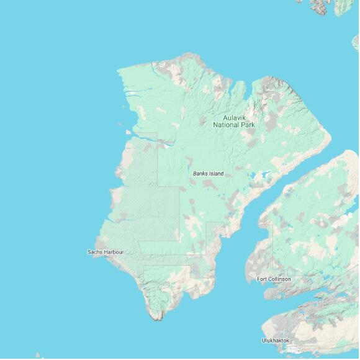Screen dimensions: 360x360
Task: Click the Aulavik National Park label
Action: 231,121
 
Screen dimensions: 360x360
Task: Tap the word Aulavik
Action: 231,117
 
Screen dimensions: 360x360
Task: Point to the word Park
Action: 243,125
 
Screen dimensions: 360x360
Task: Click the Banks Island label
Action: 208,174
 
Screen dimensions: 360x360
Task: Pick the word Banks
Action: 200,174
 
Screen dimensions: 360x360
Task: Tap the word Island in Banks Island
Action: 216,174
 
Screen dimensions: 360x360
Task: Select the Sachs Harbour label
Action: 106,252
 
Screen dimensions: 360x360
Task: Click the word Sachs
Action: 96,252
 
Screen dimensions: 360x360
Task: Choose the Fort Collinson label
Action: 274,279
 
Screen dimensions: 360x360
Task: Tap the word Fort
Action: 263,279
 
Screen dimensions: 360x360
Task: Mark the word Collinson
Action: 279,279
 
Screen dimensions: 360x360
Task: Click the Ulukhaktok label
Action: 276,340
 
